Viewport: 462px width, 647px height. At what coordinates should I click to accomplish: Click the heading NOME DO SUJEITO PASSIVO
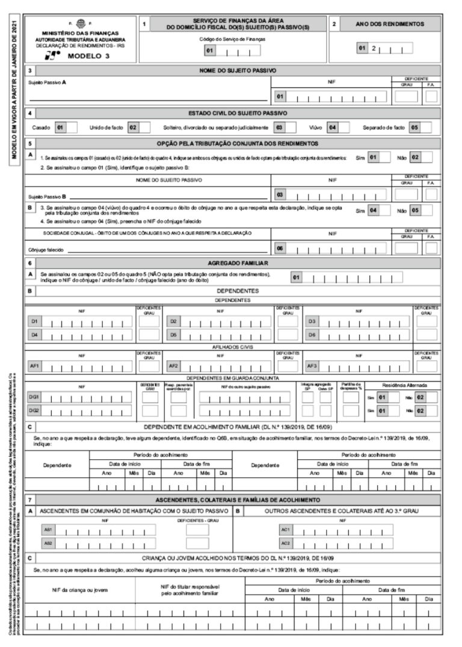[238, 71]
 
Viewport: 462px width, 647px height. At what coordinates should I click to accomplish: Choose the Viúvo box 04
[330, 128]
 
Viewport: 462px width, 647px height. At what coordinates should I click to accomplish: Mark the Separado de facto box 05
[414, 128]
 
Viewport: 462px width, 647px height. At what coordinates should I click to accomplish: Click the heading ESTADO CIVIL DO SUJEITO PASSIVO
[238, 113]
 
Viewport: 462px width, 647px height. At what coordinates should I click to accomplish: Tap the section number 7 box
[30, 500]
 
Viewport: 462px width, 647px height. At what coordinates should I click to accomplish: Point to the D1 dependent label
[35, 321]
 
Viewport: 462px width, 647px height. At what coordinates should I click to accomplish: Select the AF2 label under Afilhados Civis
[173, 365]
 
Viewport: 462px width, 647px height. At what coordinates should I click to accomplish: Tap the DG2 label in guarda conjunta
[35, 410]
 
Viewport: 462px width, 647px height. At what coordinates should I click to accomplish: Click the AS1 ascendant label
[48, 530]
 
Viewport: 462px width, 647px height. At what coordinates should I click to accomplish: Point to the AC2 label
[286, 543]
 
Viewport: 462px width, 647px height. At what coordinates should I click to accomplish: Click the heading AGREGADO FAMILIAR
[238, 263]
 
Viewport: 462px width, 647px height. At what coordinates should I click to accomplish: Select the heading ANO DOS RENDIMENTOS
[392, 24]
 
